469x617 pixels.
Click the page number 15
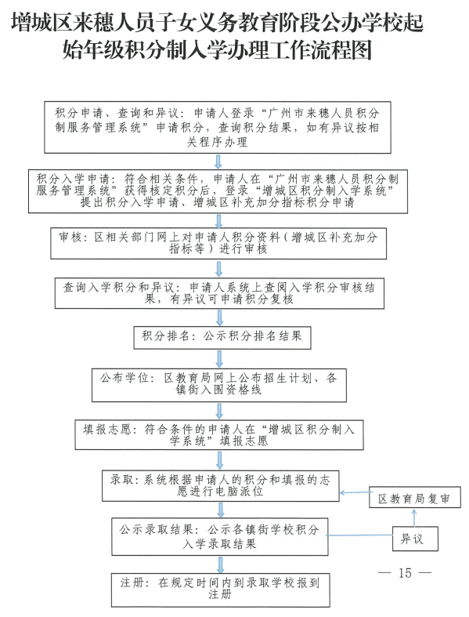(x=405, y=573)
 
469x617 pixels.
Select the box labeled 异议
(x=415, y=539)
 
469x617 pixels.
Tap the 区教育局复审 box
(x=415, y=498)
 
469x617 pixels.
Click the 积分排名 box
(x=222, y=338)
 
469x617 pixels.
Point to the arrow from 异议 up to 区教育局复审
(x=414, y=517)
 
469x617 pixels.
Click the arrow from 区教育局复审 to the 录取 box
(x=354, y=492)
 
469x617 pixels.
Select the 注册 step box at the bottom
(x=221, y=590)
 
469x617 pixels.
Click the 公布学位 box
(x=219, y=385)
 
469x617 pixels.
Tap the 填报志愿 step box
(x=219, y=435)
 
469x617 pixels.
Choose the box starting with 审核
(x=218, y=243)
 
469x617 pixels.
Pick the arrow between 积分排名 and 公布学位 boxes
(x=219, y=358)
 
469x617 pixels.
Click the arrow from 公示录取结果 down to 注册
(x=221, y=564)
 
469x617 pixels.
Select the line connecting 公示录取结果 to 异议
(x=360, y=535)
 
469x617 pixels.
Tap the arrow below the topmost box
(x=218, y=162)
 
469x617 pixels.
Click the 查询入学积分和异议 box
(x=219, y=293)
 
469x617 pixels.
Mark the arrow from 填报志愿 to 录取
(x=220, y=460)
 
